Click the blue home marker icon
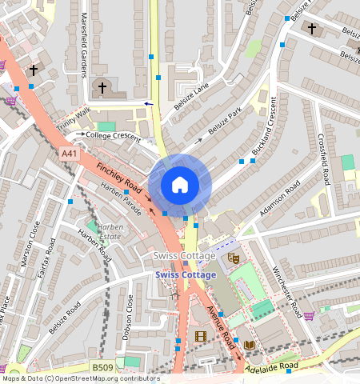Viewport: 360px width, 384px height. pyautogui.click(x=180, y=185)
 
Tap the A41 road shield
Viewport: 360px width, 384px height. pyautogui.click(x=70, y=153)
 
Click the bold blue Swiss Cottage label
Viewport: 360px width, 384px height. pyautogui.click(x=186, y=275)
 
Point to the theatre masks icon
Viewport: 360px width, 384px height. pyautogui.click(x=234, y=258)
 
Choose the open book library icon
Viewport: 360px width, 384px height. pyautogui.click(x=250, y=344)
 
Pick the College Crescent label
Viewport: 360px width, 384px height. pyautogui.click(x=113, y=135)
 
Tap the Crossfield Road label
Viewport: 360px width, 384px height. pyautogui.click(x=323, y=158)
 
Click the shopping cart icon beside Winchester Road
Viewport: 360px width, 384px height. pyautogui.click(x=308, y=315)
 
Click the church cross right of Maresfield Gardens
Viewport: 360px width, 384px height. pyautogui.click(x=102, y=87)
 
